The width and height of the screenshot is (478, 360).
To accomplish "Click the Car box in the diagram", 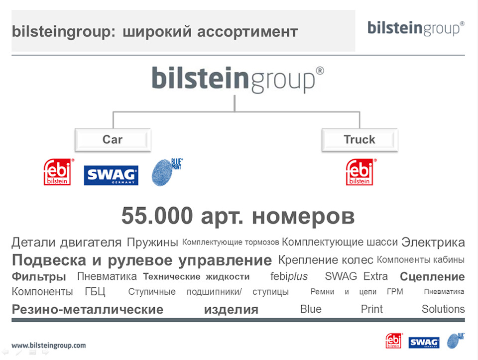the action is coord(113,140).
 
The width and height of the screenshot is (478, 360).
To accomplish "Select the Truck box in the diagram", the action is coord(359,140).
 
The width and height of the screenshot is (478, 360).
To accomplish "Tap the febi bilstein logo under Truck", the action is coord(360,172).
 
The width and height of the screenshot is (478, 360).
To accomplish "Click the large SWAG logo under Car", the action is coord(111,175).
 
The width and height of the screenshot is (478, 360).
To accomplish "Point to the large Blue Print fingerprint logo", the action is coord(167,172).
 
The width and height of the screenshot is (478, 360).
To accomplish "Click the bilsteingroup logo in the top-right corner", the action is coord(416,28).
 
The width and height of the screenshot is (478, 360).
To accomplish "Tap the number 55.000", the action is coord(157,216).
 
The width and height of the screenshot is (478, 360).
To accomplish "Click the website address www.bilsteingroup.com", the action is coord(48,346).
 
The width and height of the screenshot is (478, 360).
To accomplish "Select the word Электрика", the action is coord(433,242).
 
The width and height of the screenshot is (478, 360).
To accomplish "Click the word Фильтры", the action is coord(39,277).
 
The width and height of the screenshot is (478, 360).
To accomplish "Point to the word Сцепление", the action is coord(432,277).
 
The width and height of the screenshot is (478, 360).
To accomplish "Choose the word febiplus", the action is coord(289,276).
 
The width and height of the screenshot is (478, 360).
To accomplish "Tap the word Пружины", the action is coord(152,242).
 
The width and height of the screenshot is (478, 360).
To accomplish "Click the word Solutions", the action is coord(443,309).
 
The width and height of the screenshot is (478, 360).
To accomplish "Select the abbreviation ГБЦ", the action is coord(95,292).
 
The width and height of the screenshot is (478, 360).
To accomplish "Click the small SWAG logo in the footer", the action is coord(424,342).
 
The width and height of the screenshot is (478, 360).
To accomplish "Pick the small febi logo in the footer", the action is coord(393,341).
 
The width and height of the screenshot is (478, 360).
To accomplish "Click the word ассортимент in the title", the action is coord(247,32).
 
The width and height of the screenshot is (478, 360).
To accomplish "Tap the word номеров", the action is coord(303,217).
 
